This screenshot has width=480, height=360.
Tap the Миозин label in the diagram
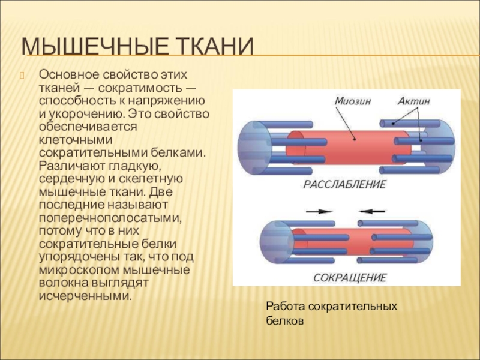coord(352,101)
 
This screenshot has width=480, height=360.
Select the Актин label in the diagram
coord(413,101)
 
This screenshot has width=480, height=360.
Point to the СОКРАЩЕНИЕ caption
coord(350,278)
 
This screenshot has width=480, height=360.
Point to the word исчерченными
coord(84,296)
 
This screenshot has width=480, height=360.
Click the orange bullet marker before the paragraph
coord(23,75)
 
